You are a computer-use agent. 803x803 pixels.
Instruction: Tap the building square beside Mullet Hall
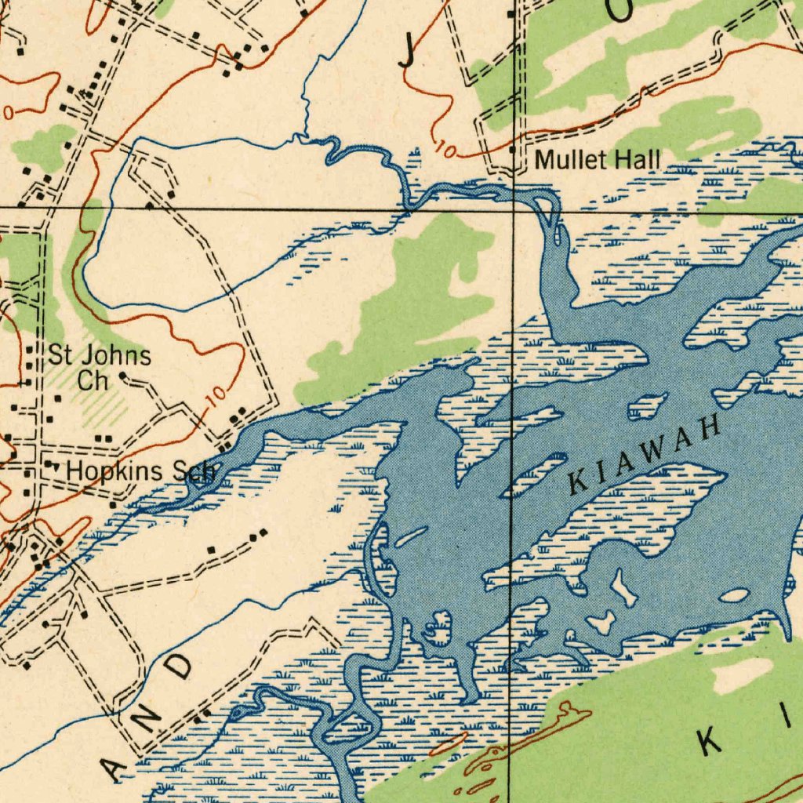click(x=512, y=149)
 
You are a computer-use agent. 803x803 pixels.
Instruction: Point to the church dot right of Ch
click(x=122, y=377)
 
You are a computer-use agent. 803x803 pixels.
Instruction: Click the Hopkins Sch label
click(x=141, y=471)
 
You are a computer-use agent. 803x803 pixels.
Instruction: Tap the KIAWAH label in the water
click(x=644, y=454)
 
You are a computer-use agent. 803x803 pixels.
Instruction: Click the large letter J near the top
click(x=407, y=53)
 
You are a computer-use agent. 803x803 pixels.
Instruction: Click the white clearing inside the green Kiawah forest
click(x=742, y=675)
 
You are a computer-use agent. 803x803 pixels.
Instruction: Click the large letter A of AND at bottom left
click(x=116, y=772)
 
